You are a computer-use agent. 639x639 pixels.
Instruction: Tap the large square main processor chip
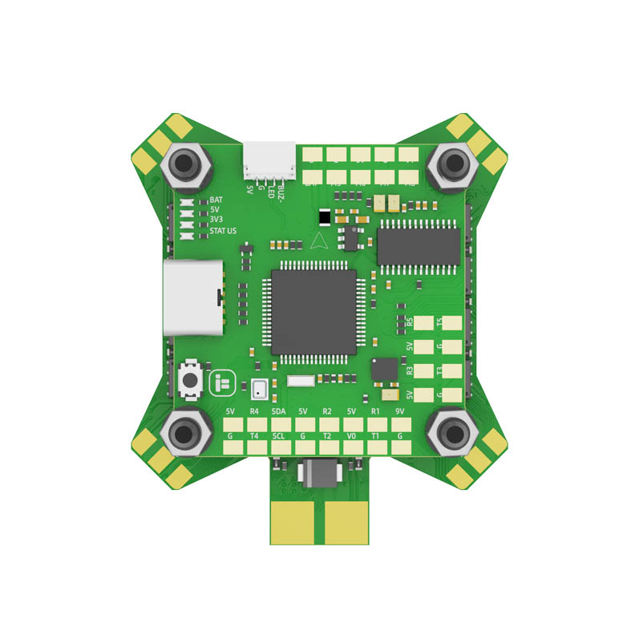tap(313, 313)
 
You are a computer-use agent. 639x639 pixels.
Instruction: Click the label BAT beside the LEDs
tap(216, 200)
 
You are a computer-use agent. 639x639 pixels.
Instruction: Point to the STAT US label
tap(223, 231)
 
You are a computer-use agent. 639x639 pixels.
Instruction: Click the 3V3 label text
tap(216, 220)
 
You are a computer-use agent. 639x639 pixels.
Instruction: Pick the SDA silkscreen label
tap(279, 412)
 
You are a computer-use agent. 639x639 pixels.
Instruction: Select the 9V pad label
tap(400, 412)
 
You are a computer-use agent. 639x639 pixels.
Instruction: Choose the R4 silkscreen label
tap(254, 412)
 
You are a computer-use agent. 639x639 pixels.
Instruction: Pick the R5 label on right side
tap(410, 322)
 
